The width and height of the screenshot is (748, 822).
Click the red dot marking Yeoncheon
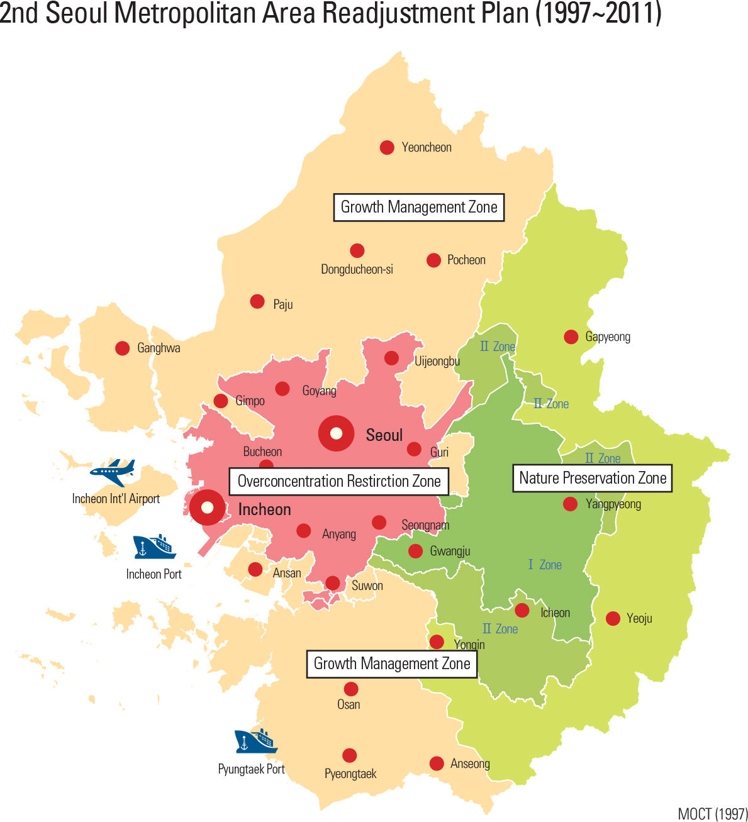pyautogui.click(x=387, y=147)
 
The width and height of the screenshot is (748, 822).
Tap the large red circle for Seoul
pyautogui.click(x=336, y=433)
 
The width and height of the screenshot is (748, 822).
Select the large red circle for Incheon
pyautogui.click(x=207, y=507)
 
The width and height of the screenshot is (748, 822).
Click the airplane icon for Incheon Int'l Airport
pyautogui.click(x=113, y=472)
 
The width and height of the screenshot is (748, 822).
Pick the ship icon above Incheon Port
pyautogui.click(x=154, y=547)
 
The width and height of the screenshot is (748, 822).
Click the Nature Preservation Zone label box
pyautogui.click(x=592, y=478)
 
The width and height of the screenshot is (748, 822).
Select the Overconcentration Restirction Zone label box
pyautogui.click(x=338, y=481)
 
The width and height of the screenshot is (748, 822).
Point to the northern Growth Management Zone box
pyautogui.click(x=418, y=207)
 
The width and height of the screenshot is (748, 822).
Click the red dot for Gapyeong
pyautogui.click(x=571, y=336)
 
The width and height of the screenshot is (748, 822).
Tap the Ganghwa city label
pyautogui.click(x=159, y=348)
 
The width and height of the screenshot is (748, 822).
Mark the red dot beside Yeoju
pyautogui.click(x=613, y=618)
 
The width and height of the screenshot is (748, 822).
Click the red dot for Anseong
pyautogui.click(x=437, y=763)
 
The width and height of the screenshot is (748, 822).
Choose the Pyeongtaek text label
pyautogui.click(x=350, y=774)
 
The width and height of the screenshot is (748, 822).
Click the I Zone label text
pyautogui.click(x=545, y=565)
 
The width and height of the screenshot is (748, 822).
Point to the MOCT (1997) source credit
pyautogui.click(x=712, y=814)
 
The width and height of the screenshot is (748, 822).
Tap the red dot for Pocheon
pyautogui.click(x=433, y=260)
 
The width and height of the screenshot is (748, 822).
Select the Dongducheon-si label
pyautogui.click(x=357, y=269)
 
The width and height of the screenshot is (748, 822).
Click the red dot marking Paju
pyautogui.click(x=257, y=301)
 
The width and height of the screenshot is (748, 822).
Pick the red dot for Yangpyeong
pyautogui.click(x=570, y=504)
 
